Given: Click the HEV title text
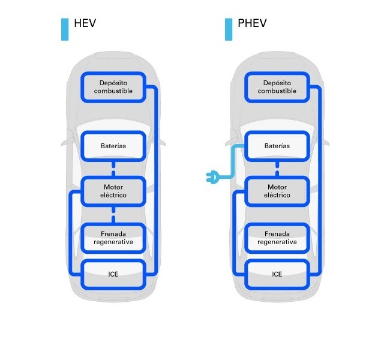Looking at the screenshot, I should pos(85,23).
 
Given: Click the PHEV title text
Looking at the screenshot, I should pos(251,23).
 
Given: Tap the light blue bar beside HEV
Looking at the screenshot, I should pos(65,29).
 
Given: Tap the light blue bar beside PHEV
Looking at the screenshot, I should pos(229,29).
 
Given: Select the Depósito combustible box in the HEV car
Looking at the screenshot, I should pos(113,87).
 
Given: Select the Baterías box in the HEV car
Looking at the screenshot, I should pos(113,146).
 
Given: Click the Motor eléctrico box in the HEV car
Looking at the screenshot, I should pos(113,191).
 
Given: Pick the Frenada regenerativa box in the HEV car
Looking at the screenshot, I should pos(113,238).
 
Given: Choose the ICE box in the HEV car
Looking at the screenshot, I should pos(113,274).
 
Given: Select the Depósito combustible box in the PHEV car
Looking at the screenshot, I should pos(277,87).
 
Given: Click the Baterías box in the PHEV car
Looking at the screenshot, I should pos(277,146).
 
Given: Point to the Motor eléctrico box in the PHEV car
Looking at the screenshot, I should pos(277,191).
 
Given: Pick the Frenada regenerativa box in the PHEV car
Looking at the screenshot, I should pos(277,238).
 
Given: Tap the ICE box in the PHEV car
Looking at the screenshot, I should pos(277,274).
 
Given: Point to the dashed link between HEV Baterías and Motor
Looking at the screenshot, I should pos(113,168).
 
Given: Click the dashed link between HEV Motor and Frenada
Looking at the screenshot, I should pos(113,214).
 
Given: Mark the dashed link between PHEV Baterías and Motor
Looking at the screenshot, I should pos(277,168).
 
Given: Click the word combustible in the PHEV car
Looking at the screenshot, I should pos(277,91).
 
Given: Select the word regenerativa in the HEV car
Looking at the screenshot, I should pos(113,242).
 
